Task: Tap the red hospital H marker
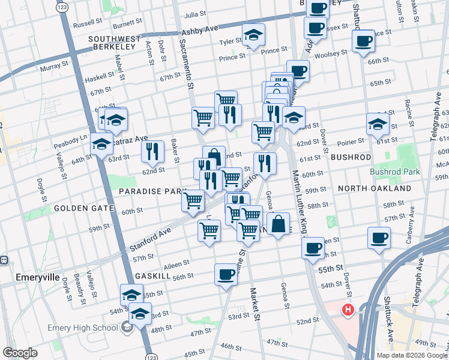point(347,310)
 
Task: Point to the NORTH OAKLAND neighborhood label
point(369,188)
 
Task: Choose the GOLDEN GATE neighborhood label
point(84,208)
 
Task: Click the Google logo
point(20,353)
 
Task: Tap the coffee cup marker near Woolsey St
point(363,41)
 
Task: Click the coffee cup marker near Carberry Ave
point(379,238)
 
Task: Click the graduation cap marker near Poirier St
point(378,124)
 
